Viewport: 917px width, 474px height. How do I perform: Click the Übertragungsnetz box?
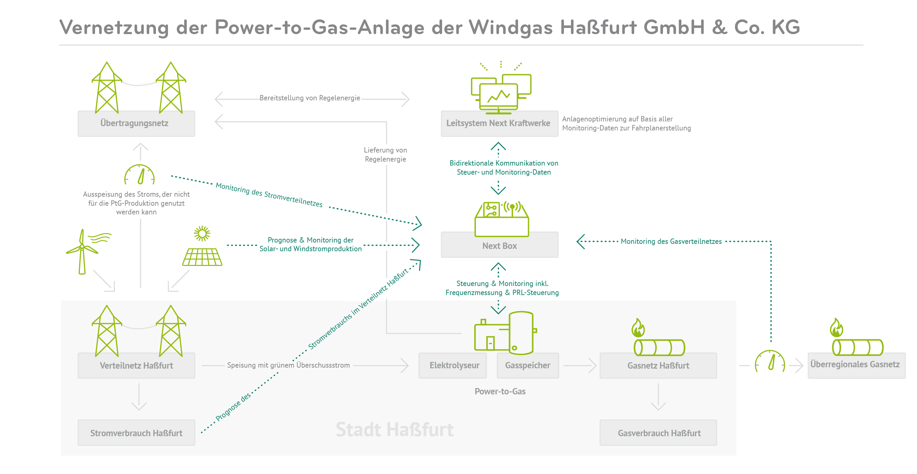click(136, 123)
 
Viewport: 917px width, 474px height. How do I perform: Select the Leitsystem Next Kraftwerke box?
click(499, 123)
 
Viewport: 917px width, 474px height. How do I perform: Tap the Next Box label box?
click(499, 245)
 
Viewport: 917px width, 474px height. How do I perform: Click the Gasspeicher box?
click(527, 366)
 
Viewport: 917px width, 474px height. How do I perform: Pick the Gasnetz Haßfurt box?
click(658, 366)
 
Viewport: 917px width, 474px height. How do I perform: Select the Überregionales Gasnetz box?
click(856, 365)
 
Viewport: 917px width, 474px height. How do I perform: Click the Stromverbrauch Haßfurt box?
click(136, 433)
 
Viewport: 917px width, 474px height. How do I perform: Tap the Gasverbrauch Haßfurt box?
click(658, 433)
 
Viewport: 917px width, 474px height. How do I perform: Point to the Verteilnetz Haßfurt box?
click(136, 366)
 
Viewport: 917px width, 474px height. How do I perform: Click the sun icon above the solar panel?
click(202, 234)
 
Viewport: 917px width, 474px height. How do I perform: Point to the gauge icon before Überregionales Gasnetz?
click(770, 362)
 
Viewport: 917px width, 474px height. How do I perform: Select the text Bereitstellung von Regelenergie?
click(310, 98)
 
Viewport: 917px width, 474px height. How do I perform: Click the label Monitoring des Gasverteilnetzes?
click(671, 241)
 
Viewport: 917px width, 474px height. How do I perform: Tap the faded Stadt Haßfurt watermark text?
click(395, 430)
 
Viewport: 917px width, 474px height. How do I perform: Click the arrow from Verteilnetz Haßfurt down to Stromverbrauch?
click(139, 397)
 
